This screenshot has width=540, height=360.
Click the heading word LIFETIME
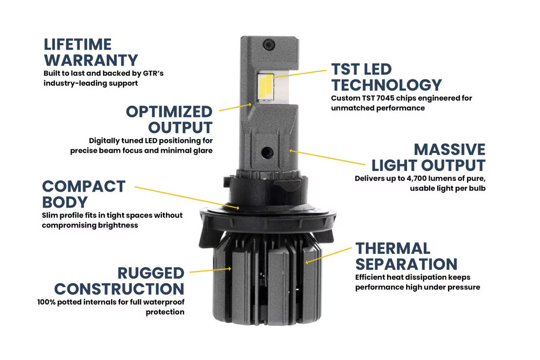pyautogui.click(x=77, y=44)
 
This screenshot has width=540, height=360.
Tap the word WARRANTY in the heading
pyautogui.click(x=91, y=60)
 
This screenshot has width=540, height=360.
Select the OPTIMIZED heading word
pyautogui.click(x=169, y=112)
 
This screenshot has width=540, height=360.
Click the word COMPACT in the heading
pyautogui.click(x=84, y=186)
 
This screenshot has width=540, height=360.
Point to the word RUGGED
pyautogui.click(x=151, y=273)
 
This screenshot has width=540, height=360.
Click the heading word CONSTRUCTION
pyautogui.click(x=119, y=289)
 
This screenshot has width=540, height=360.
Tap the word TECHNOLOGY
pyautogui.click(x=387, y=85)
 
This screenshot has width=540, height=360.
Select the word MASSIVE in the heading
pyautogui.click(x=450, y=150)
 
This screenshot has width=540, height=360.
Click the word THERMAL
pyautogui.click(x=393, y=249)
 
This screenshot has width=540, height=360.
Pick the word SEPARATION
pyautogui.click(x=407, y=264)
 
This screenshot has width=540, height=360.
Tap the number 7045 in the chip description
pyautogui.click(x=385, y=98)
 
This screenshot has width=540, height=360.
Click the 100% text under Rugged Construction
pyautogui.click(x=46, y=302)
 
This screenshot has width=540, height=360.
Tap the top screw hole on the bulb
pyautogui.click(x=269, y=44)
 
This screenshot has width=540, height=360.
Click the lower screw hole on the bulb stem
pyautogui.click(x=267, y=152)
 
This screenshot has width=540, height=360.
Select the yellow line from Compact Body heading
pyautogui.click(x=186, y=198)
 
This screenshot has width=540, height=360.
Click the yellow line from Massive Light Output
pyautogui.click(x=327, y=158)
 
